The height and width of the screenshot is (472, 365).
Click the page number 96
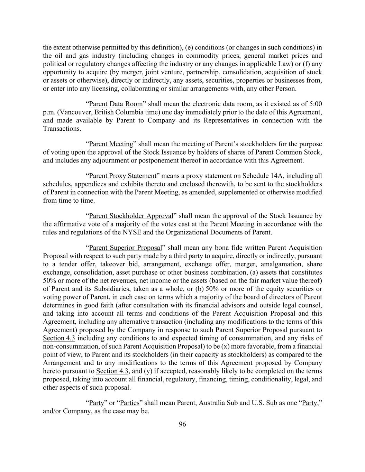click(182, 424)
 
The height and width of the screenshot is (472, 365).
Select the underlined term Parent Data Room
click(116, 104)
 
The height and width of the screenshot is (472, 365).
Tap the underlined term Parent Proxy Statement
click(122, 176)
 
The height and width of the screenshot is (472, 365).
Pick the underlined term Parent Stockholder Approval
click(131, 216)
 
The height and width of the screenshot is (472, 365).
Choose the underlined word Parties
click(129, 403)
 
